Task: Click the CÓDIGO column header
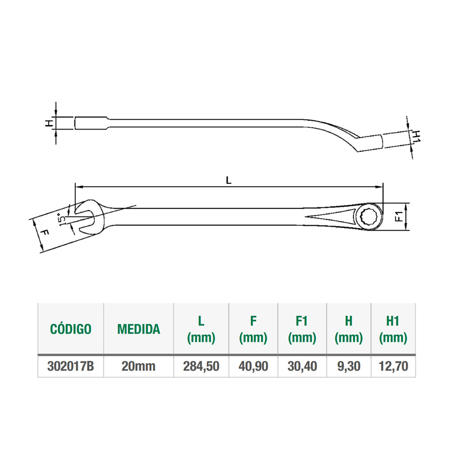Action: click(71, 329)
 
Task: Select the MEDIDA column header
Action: click(139, 329)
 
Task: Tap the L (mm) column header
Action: click(201, 329)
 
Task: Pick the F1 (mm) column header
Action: click(302, 329)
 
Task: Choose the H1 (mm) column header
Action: click(393, 329)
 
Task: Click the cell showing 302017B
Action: click(71, 366)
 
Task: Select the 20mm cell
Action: click(138, 366)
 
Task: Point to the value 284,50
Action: click(201, 366)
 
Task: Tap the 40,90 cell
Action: click(253, 366)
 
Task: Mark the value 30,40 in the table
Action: click(302, 366)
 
